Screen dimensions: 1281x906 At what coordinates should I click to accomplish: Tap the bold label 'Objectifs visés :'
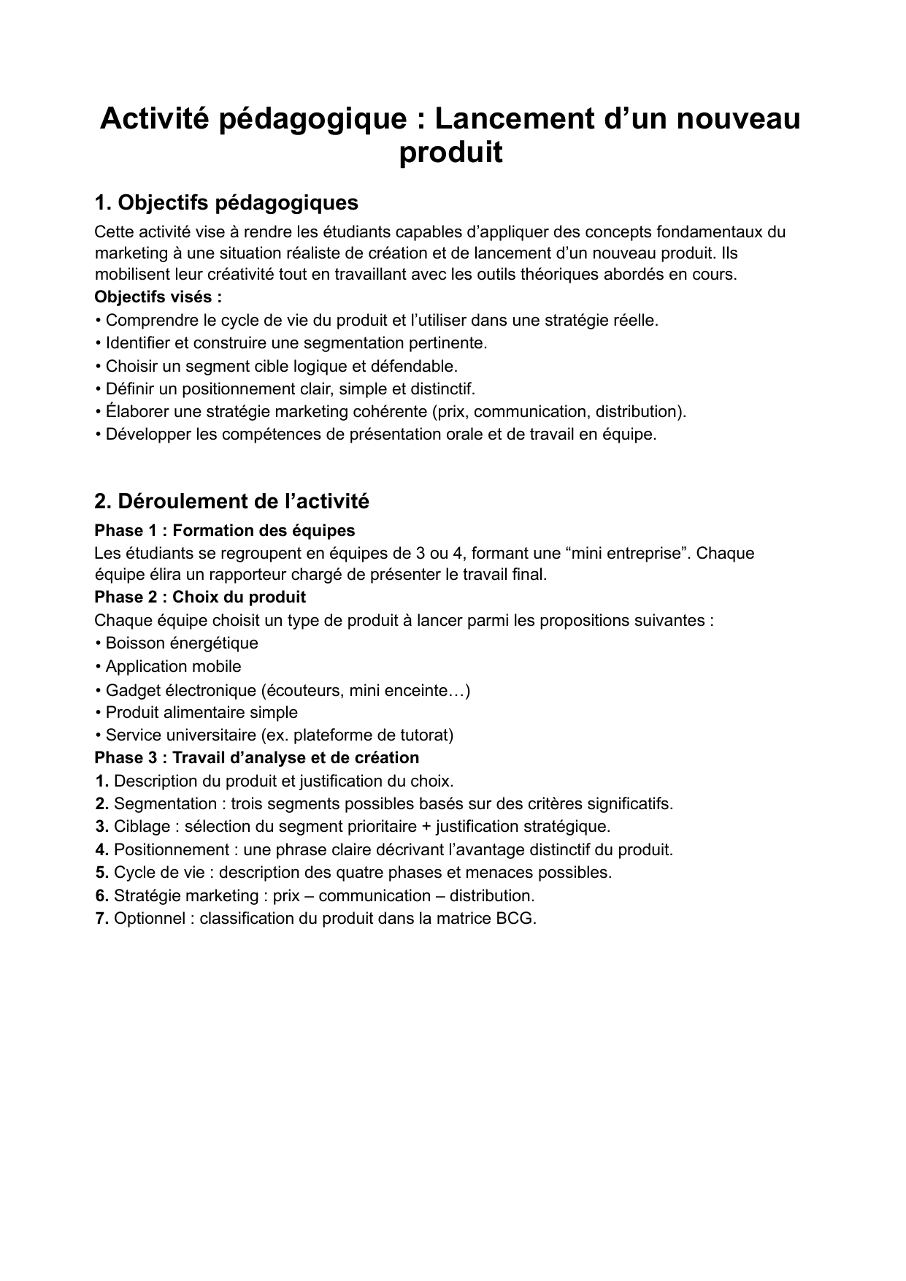point(158,297)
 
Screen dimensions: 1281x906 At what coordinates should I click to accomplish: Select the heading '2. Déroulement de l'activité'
point(232,501)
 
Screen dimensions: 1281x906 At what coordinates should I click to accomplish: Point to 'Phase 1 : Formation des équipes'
point(225,530)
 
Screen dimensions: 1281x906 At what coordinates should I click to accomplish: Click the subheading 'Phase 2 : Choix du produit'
point(200,597)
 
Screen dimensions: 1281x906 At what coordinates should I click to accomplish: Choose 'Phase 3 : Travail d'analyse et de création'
point(257,757)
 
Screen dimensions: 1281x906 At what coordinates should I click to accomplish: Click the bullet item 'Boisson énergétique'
point(182,643)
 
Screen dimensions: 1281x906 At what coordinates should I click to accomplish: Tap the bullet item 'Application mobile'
point(173,666)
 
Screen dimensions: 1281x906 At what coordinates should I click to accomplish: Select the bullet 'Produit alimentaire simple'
point(201,712)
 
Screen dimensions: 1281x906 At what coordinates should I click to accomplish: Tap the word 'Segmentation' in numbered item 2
point(165,804)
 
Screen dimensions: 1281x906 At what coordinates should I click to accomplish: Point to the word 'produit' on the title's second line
point(451,153)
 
